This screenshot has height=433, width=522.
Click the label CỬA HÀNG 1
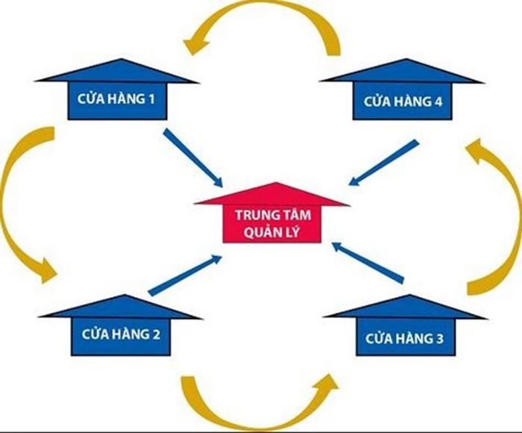click(x=116, y=99)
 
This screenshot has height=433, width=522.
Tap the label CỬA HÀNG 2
click(x=121, y=334)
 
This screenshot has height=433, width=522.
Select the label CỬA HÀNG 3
click(x=404, y=338)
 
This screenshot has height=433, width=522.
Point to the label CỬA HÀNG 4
click(x=403, y=102)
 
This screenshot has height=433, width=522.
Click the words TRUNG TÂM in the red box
click(x=273, y=215)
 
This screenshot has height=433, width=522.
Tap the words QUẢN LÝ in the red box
click(x=271, y=232)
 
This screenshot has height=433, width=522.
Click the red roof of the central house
click(x=272, y=194)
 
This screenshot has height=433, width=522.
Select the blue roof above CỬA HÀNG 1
click(x=117, y=71)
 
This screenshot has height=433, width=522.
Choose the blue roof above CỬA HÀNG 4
click(x=402, y=71)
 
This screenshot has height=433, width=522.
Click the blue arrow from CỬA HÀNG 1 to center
click(x=193, y=158)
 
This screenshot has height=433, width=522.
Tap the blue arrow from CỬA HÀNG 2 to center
click(x=186, y=275)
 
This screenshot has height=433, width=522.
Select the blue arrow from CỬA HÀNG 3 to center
click(x=368, y=263)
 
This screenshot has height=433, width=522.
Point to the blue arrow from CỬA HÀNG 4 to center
click(x=383, y=162)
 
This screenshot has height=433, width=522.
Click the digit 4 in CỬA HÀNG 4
click(x=438, y=102)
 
